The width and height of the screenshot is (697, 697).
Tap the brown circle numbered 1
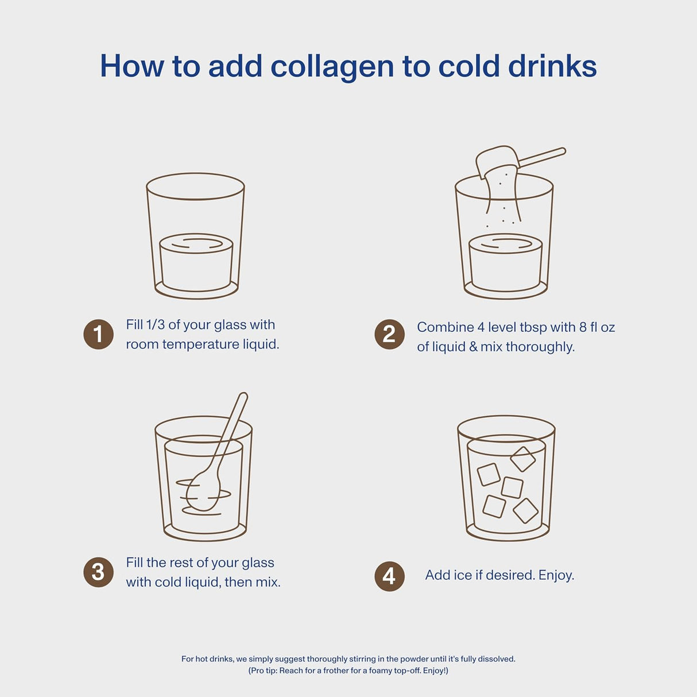coord(98,334)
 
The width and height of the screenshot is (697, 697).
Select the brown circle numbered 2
coord(389,334)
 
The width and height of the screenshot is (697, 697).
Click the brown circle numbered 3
coord(98,572)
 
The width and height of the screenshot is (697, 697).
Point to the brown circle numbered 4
coord(389,576)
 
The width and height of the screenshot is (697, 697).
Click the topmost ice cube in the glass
coord(523,459)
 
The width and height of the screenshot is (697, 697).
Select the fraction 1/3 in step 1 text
coord(155,325)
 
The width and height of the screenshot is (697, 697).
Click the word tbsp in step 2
coord(533,327)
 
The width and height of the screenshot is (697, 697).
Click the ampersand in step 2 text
coord(473,347)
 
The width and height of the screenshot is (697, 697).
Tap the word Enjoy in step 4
coord(555,575)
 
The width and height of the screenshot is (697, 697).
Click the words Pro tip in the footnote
coord(263,671)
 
